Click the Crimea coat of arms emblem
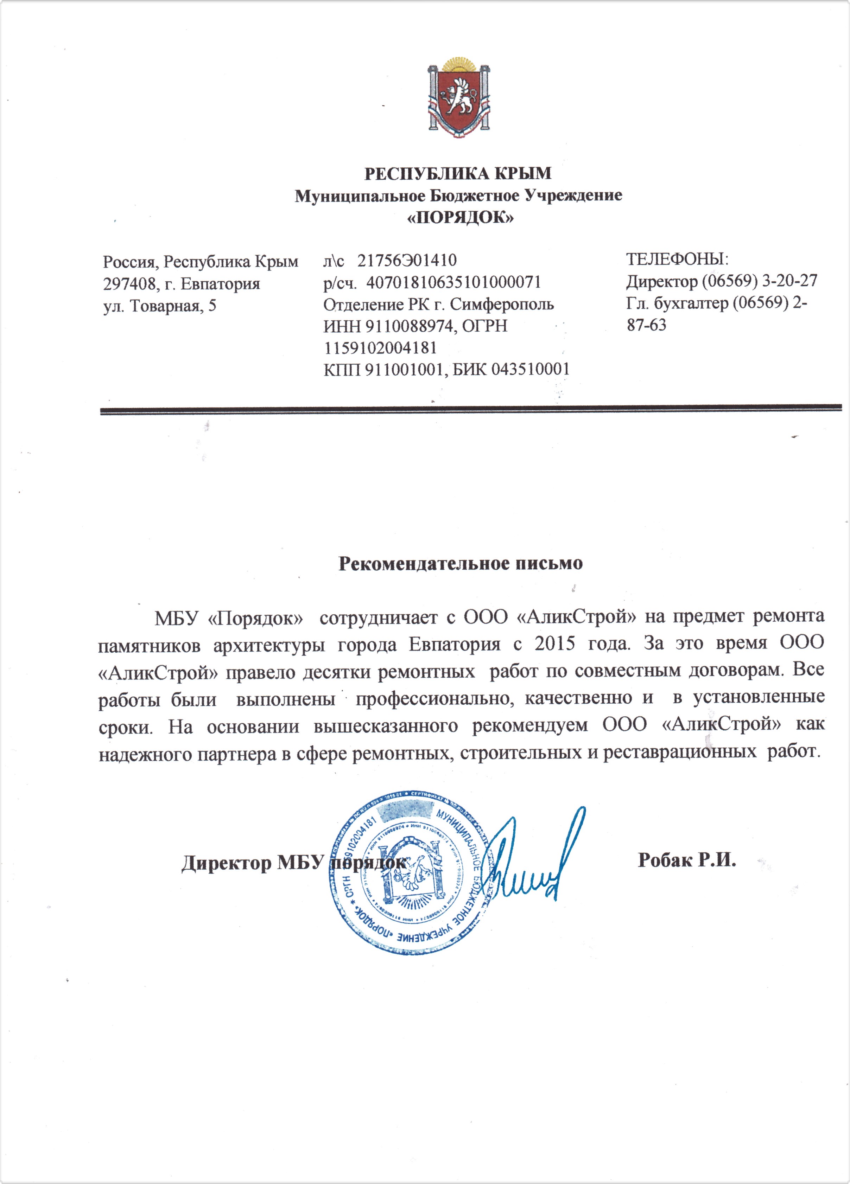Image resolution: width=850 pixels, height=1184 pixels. click(459, 99)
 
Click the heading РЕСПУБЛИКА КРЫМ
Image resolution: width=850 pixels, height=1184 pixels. click(458, 173)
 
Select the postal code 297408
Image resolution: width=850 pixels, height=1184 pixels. click(129, 284)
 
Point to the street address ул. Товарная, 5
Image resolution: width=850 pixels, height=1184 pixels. click(159, 306)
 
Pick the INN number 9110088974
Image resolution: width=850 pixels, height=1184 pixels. click(408, 326)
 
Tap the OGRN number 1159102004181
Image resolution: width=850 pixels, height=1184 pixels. click(380, 348)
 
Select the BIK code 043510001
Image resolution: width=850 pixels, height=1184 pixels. click(530, 370)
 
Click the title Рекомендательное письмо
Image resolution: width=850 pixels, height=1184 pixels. click(460, 563)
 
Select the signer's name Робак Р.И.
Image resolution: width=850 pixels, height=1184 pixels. click(686, 860)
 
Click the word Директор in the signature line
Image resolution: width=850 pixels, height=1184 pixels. click(226, 863)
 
